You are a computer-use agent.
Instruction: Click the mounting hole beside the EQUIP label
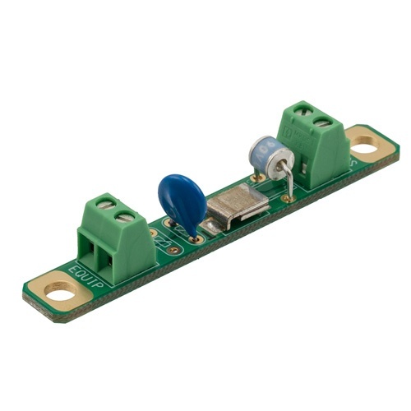tap(58, 289)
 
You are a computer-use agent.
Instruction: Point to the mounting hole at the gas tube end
tap(363, 146)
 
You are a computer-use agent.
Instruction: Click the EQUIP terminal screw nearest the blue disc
tap(126, 217)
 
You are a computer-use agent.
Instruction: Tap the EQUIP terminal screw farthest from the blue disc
tap(106, 202)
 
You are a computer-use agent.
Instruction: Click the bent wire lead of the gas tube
tap(287, 177)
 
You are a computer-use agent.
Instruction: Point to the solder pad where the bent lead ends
tap(289, 198)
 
